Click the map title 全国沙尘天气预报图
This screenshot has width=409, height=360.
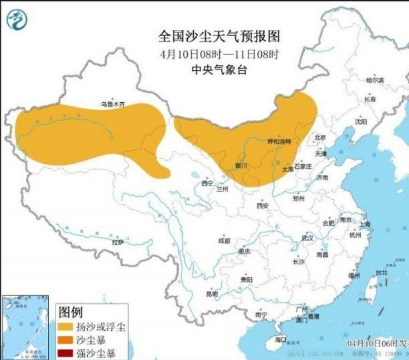[219, 36]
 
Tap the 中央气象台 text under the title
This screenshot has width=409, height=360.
[219, 70]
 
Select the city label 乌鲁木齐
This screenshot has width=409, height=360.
[112, 105]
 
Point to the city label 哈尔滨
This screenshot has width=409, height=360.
[375, 80]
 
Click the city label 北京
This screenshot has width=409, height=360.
[320, 137]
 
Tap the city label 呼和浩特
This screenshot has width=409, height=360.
[279, 141]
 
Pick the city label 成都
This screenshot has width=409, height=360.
[224, 240]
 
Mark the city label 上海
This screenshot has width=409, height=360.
[365, 224]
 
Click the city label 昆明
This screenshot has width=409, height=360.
[212, 294]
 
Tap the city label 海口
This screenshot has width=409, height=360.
[280, 339]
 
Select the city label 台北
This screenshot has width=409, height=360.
[381, 272]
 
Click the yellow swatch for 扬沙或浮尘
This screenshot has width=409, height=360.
[67, 327]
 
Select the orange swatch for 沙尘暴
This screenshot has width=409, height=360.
[67, 340]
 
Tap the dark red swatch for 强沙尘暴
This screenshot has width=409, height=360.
[67, 352]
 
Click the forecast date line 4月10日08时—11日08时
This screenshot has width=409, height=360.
[219, 54]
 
